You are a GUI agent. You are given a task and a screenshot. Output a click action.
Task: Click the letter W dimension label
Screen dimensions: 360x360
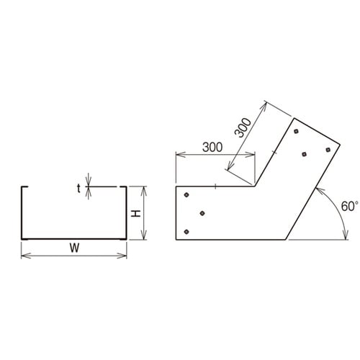coord(74,248)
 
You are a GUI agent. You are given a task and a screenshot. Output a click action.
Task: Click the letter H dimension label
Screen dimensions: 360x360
coord(135,213)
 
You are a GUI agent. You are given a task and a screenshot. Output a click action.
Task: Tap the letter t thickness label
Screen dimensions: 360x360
coord(78,189)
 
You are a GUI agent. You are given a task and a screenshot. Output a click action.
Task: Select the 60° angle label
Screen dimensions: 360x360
coord(349,206)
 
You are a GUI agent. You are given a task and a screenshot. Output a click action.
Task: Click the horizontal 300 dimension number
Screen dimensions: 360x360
coord(212,147)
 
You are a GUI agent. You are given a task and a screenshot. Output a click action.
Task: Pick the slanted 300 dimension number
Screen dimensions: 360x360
coord(243,128)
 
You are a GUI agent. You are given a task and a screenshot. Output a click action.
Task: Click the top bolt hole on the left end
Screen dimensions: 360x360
coord(186,194)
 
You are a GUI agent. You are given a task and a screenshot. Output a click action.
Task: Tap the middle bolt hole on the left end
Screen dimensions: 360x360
coord(202,213)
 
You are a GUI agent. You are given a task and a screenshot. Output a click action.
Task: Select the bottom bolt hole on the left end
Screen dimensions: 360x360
coord(186,232)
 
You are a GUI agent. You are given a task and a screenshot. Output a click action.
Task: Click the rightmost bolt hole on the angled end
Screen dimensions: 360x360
coord(328,150)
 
